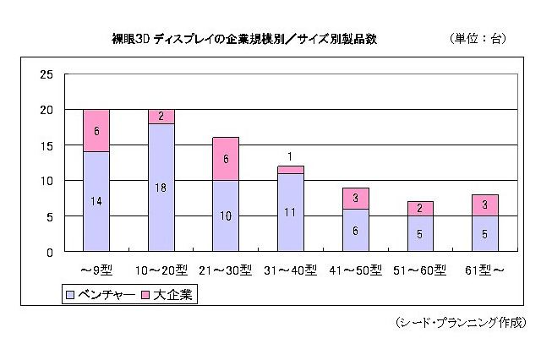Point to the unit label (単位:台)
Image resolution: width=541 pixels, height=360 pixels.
(478, 39)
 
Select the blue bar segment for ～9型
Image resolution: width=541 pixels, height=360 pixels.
(96, 201)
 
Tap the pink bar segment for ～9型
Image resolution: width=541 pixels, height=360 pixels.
(96, 131)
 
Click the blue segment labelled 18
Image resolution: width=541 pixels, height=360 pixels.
(161, 187)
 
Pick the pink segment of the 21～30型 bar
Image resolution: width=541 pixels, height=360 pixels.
(226, 159)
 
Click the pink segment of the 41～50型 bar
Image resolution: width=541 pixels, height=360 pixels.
(355, 198)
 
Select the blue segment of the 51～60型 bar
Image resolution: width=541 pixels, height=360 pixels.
(420, 233)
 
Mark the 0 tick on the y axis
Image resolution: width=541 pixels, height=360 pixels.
(50, 252)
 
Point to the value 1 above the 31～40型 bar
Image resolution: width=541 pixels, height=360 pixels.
(290, 156)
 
